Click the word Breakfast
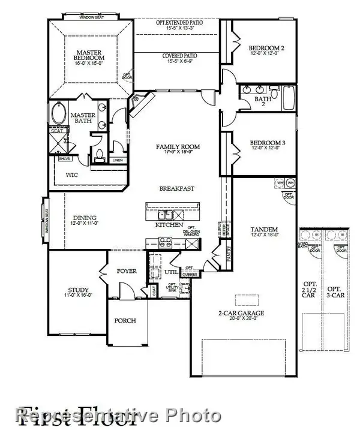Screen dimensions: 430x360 click(176, 188)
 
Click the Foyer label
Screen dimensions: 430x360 click(127, 271)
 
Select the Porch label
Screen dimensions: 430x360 click(125, 321)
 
